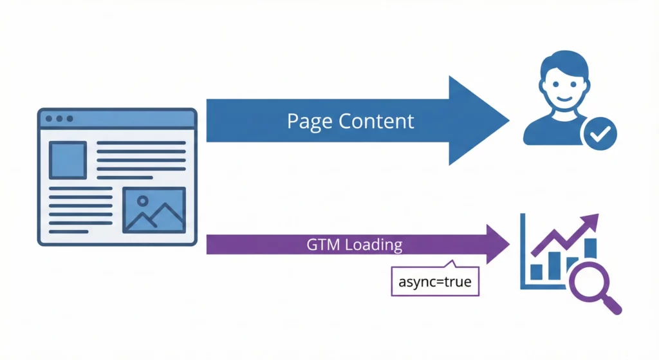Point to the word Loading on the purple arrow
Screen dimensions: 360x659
pos(374,245)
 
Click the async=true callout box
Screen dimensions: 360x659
pos(435,282)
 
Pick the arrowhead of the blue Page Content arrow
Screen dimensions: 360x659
pos(479,120)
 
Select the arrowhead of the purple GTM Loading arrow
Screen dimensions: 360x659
pos(497,245)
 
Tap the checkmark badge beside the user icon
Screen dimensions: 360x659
pos(599,134)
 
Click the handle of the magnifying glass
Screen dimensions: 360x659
pos(613,305)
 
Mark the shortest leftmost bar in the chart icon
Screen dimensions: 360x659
pos(535,272)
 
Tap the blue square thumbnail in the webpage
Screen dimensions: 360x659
pos(68,160)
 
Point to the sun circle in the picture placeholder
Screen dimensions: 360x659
pos(142,200)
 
